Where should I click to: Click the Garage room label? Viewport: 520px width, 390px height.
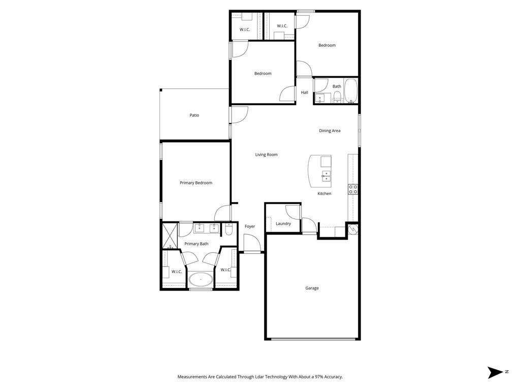click(312, 288)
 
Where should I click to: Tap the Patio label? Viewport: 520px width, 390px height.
click(194, 115)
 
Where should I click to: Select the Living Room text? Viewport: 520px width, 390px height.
click(266, 154)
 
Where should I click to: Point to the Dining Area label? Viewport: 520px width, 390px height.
click(330, 131)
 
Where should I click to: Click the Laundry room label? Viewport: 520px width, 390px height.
click(283, 223)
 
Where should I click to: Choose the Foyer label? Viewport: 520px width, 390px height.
click(250, 226)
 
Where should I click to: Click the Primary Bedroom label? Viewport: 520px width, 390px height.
click(196, 183)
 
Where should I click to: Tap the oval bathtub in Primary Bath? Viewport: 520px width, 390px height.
click(201, 279)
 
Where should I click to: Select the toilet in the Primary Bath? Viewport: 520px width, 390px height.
click(229, 231)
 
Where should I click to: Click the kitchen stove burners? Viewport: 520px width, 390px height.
click(353, 189)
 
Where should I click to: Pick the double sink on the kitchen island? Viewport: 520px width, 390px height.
click(326, 176)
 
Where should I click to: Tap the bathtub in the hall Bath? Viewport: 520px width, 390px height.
click(351, 91)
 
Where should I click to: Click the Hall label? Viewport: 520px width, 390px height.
click(305, 92)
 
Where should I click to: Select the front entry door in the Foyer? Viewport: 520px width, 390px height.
click(252, 244)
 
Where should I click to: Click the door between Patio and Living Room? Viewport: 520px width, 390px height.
click(239, 115)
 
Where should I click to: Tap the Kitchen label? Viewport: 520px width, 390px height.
click(324, 193)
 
